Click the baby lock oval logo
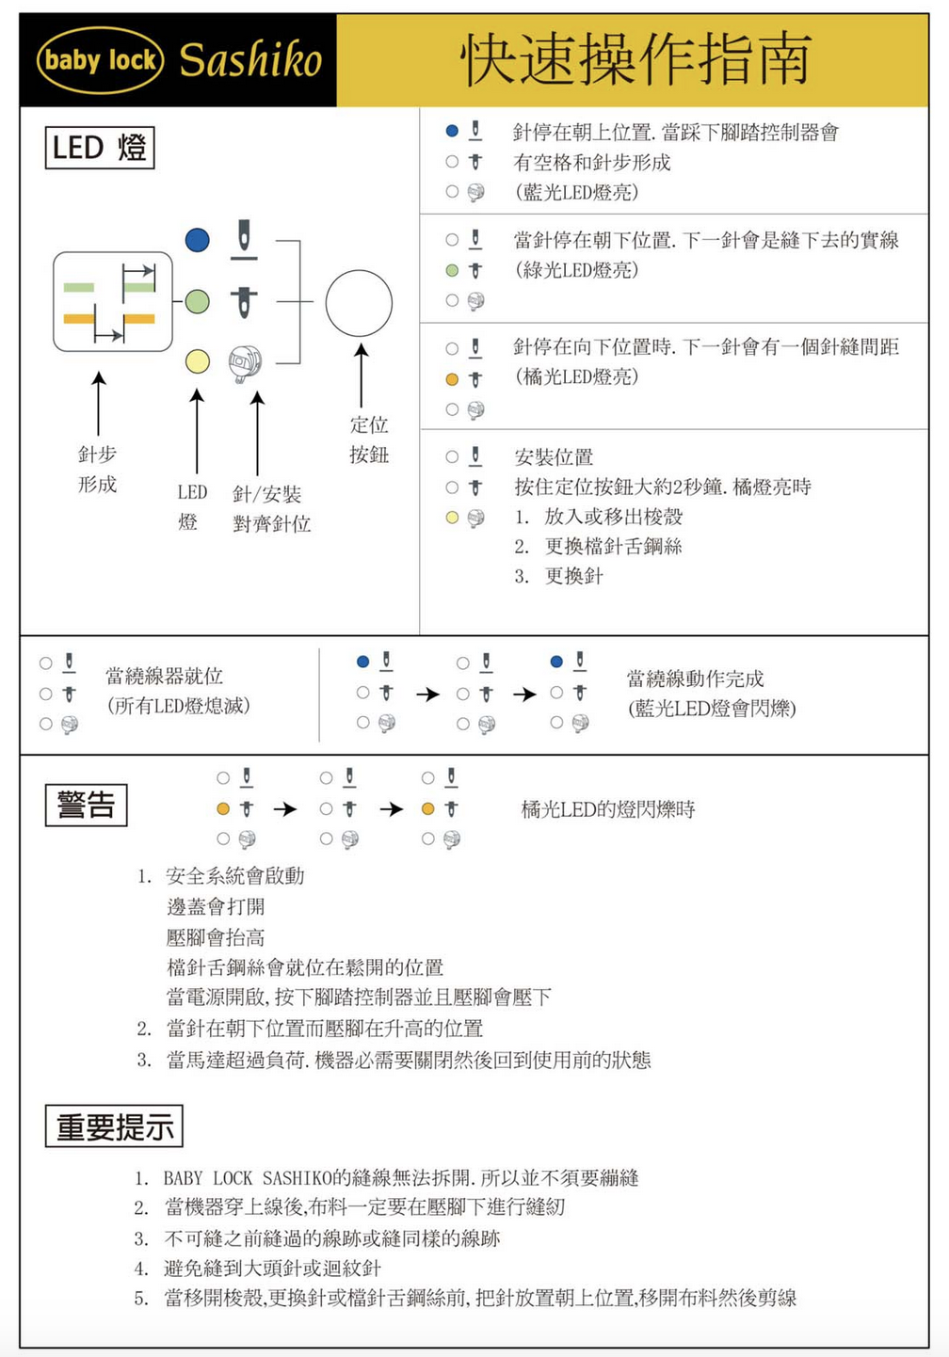tap(100, 60)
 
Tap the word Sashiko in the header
tap(250, 60)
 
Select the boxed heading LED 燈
tap(100, 148)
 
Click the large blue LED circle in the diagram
tap(198, 240)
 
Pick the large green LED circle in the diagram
tap(198, 301)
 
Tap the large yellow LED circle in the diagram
tap(198, 361)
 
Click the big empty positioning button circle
tap(359, 303)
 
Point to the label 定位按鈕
tap(369, 439)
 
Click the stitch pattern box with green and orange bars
tap(113, 302)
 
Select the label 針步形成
tap(97, 469)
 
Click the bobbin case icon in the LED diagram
tap(245, 362)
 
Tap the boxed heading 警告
tap(87, 806)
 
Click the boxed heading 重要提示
tap(114, 1126)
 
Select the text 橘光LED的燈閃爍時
tap(608, 809)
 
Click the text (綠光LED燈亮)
tap(576, 270)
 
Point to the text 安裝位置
tap(554, 457)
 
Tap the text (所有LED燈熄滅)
tap(179, 706)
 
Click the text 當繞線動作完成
tap(696, 678)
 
